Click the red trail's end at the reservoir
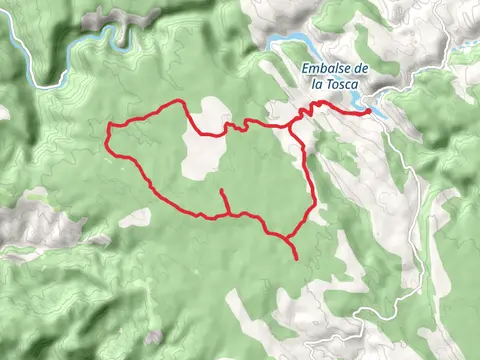(x=369, y=112)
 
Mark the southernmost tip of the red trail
(x=297, y=259)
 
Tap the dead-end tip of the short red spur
(x=220, y=189)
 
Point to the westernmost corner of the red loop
(x=108, y=127)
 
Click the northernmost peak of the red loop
(x=179, y=101)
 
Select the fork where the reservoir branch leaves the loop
(x=290, y=125)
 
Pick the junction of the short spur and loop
(x=229, y=213)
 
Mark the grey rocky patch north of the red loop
(x=120, y=20)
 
